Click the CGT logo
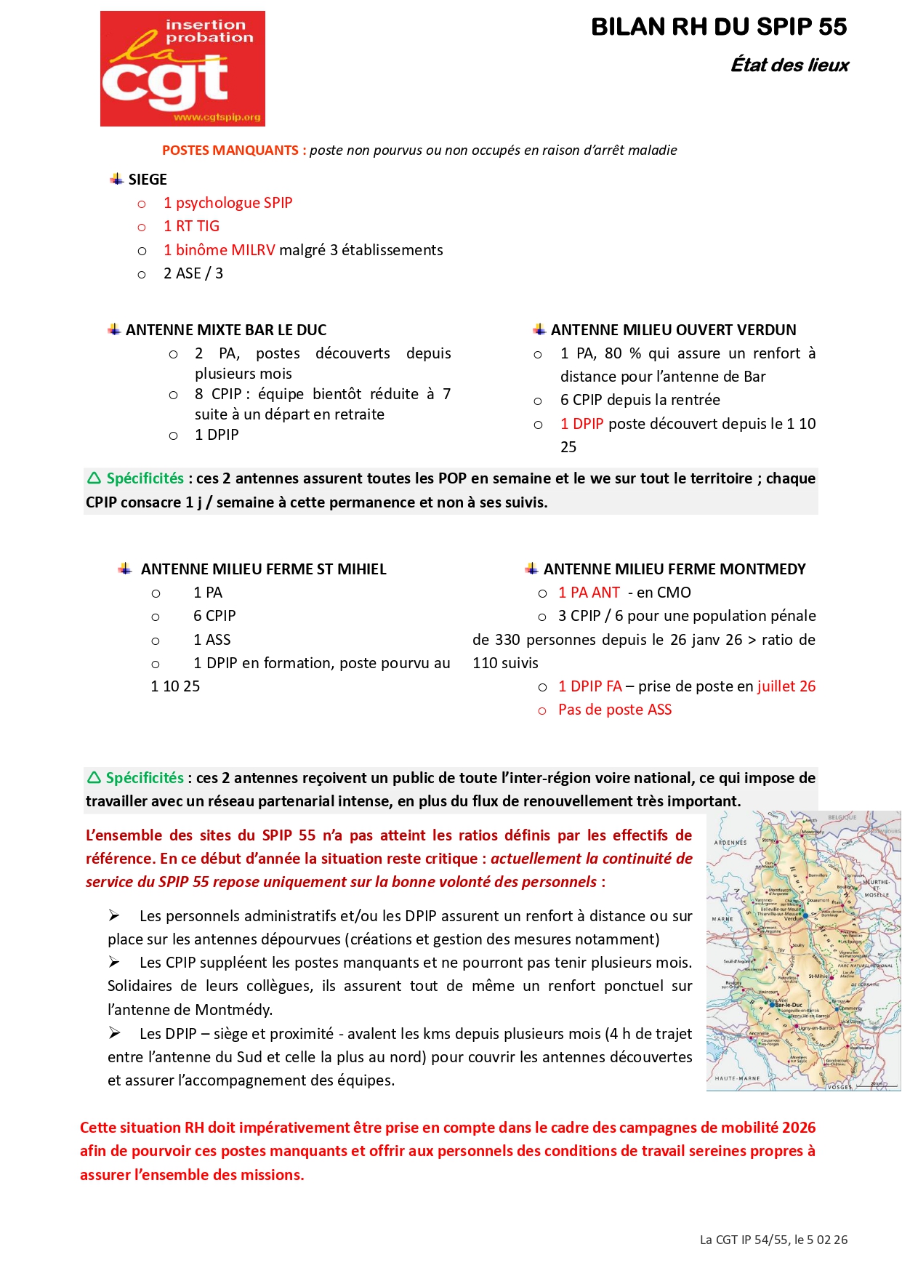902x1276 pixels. coord(182,68)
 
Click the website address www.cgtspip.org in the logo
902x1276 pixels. coord(217,117)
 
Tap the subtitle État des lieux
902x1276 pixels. coord(789,65)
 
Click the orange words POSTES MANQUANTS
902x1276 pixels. coord(230,151)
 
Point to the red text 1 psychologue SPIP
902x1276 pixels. coord(227,203)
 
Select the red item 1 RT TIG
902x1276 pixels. coord(191,226)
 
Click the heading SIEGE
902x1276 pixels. coord(148,180)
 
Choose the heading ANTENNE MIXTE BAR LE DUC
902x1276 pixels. coord(226,330)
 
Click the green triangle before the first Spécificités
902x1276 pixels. coord(94,478)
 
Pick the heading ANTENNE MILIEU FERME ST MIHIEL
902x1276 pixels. coord(263,569)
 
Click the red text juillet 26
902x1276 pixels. coord(786,686)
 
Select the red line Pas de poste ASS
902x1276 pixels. coord(614,710)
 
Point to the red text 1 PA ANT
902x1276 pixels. coord(589,593)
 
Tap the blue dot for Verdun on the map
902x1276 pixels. coord(805,915)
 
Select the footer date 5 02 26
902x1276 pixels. coord(826,1240)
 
